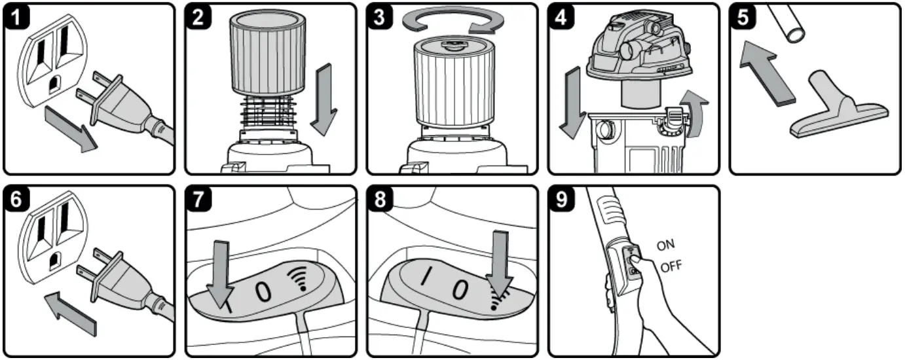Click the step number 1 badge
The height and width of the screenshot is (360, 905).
(x=17, y=18)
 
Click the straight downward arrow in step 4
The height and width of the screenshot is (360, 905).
(x=571, y=105)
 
